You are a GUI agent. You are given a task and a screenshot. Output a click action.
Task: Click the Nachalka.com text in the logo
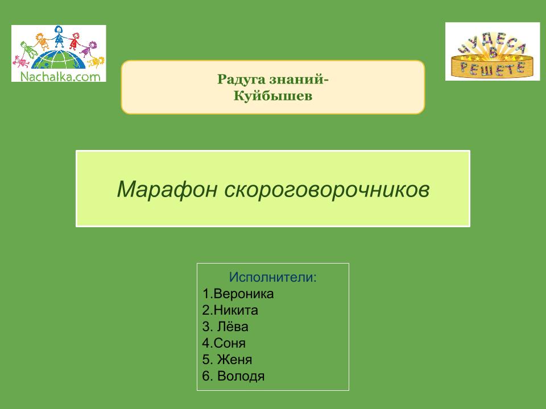point(60,76)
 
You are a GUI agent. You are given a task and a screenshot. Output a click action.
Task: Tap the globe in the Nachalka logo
point(58,60)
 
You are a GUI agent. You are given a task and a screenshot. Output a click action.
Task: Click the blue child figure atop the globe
point(59,36)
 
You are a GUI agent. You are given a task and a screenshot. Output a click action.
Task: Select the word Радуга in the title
point(240,80)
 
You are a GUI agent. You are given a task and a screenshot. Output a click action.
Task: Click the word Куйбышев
point(272,95)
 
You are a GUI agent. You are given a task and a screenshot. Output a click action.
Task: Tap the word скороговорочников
point(326,190)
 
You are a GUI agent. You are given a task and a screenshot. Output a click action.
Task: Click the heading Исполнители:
point(273,277)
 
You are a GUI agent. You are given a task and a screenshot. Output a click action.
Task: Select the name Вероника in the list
point(243,294)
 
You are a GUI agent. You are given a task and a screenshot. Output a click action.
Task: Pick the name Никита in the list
point(235,310)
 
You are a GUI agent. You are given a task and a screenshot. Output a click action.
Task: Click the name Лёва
point(233,326)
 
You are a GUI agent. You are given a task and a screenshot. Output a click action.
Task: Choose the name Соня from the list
point(229,343)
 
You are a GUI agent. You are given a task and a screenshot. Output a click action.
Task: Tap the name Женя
point(234,360)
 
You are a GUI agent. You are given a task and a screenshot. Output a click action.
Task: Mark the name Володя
point(241,376)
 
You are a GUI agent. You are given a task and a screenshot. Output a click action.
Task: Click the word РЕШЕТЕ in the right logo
point(493,68)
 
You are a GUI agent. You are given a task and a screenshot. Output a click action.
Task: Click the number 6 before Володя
point(206,376)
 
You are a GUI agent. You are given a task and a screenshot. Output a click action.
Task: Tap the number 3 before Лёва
point(206,327)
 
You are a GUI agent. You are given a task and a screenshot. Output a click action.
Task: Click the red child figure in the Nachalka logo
point(75,41)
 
